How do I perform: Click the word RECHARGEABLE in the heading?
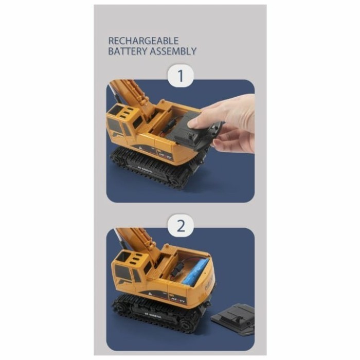point(136,41)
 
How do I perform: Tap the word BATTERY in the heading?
point(126,51)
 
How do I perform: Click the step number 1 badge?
point(180,77)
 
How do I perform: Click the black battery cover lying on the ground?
point(234,319)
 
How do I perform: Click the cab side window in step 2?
point(124,274)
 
